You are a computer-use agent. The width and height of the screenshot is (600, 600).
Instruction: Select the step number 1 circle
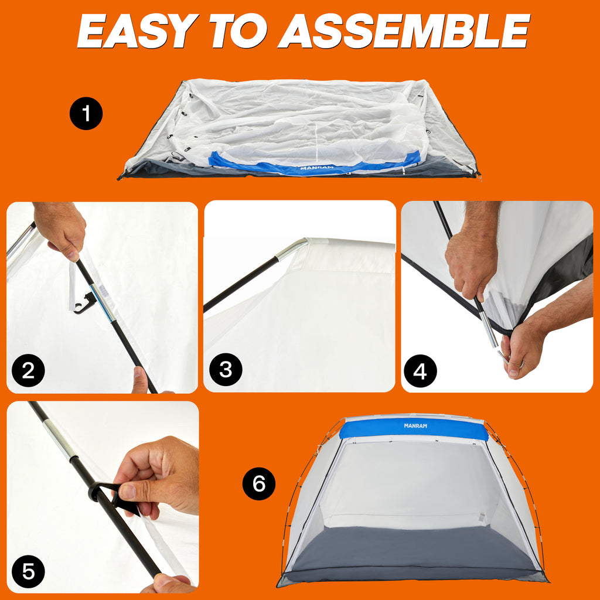click(x=86, y=113)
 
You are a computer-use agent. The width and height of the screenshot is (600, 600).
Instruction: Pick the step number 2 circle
click(x=28, y=370)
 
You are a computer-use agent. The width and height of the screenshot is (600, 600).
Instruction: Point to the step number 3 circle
click(x=226, y=370)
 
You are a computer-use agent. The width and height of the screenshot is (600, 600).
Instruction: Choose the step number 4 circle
click(x=420, y=371)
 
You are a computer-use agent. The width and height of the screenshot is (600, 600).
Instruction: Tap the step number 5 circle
click(x=28, y=571)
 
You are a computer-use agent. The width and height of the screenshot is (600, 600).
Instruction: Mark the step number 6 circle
click(x=259, y=483)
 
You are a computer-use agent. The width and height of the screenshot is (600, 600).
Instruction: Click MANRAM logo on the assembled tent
click(x=415, y=425)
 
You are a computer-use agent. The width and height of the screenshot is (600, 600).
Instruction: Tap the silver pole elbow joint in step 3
click(x=293, y=248)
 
